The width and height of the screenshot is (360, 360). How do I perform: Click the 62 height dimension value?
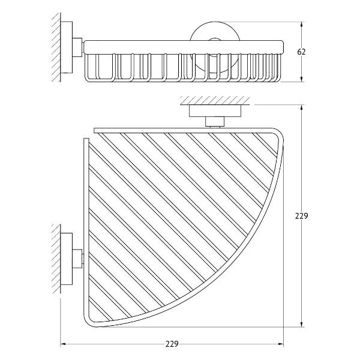coord(301,52)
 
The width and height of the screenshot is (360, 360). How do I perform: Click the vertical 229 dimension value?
coord(301,216)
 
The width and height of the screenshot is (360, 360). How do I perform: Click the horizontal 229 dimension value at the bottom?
coord(172,344)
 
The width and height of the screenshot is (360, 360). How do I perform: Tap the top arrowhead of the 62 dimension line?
coord(301,25)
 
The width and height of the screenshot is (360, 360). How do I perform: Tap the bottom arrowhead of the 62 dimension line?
coord(301,79)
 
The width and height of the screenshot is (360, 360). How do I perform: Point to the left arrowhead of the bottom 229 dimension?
coord(64,344)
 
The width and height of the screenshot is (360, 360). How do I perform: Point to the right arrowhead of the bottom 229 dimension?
coord(280,344)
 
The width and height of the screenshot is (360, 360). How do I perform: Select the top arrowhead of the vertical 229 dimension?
coord(301,108)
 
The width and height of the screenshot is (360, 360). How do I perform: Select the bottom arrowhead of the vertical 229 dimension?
coord(301,324)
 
